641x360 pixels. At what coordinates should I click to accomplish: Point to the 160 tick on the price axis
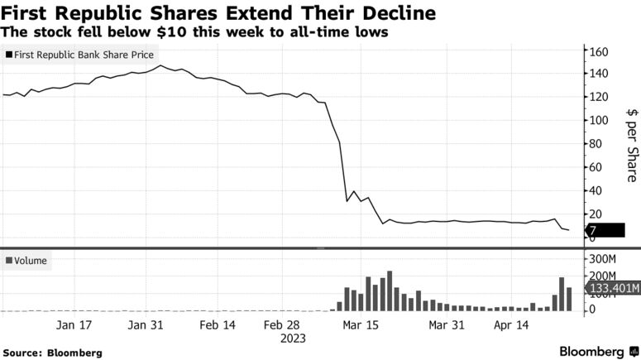pos(598,51)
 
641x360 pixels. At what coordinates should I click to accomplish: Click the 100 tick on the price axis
pos(598,120)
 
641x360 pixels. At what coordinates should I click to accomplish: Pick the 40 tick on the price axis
pos(595,190)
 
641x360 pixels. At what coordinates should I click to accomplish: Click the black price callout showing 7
pos(605,231)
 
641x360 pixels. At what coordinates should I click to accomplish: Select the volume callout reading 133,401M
pos(613,288)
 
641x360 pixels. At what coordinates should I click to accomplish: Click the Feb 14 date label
pos(218,326)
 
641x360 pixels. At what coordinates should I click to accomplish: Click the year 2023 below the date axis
pos(293,338)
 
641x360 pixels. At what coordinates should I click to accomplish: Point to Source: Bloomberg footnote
pos(52,353)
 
